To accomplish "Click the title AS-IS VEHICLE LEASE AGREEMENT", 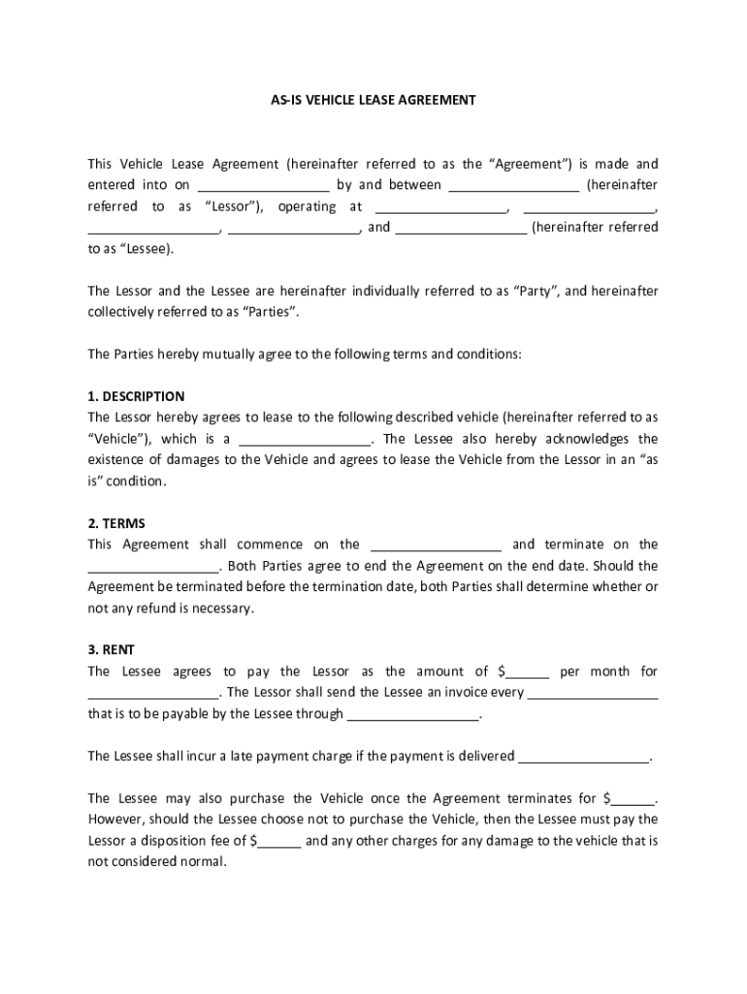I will pos(373,100).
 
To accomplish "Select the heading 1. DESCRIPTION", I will pos(136,396).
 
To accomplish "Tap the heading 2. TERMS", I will pos(116,523).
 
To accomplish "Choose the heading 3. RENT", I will pos(112,650).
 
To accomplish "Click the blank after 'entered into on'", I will pos(264,185).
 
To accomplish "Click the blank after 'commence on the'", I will pos(436,546).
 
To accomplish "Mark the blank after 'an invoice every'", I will pos(594,694).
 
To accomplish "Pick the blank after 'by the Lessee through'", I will pos(413,715).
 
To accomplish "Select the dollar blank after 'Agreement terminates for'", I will pos(633,800).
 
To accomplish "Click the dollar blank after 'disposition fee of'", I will pos(279,842).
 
